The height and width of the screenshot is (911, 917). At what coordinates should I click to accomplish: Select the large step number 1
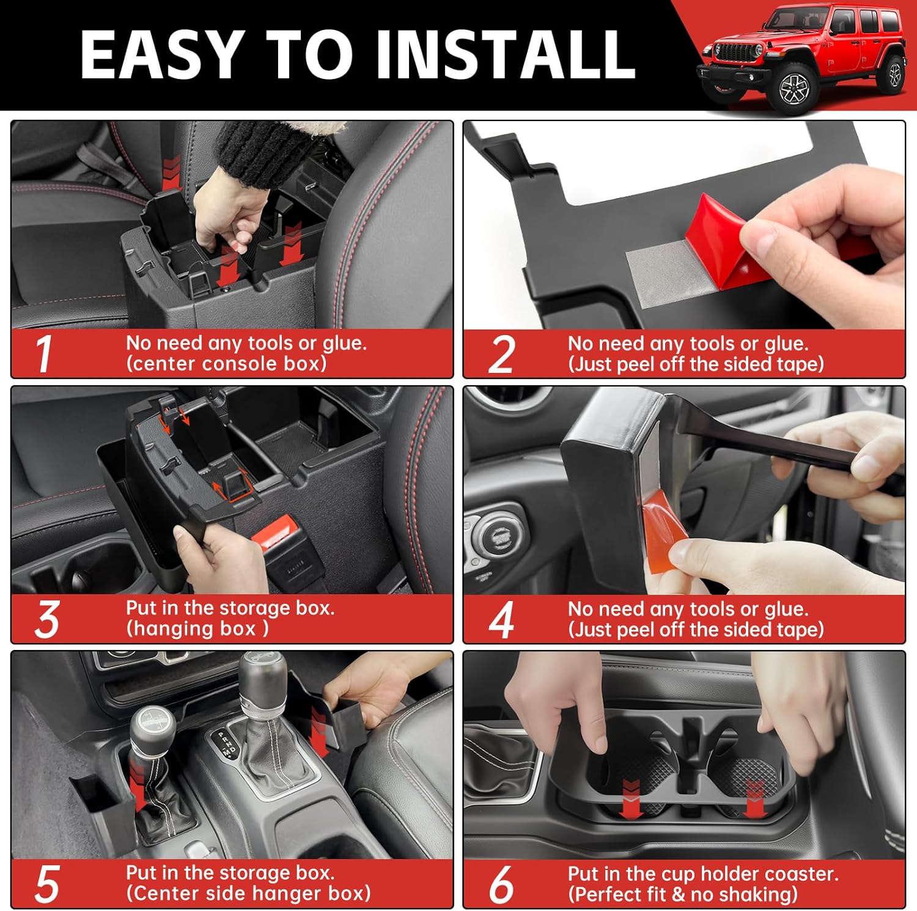pos(43,353)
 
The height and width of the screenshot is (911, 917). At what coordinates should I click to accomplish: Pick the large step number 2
pos(502,354)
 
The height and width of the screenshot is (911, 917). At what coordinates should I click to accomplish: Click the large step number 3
pos(47,619)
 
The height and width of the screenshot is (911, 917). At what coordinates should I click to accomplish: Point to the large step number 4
pos(501,619)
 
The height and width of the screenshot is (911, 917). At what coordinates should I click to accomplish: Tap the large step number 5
pos(47,884)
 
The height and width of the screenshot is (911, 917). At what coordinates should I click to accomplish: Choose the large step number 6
pos(501,884)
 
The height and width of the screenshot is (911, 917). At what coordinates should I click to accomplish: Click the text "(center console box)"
pos(227,364)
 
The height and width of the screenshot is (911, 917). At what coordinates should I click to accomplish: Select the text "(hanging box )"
pos(197,629)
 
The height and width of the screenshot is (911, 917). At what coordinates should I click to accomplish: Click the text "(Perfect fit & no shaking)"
pos(683,894)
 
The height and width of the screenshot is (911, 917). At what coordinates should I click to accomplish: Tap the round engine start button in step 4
pos(495,537)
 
